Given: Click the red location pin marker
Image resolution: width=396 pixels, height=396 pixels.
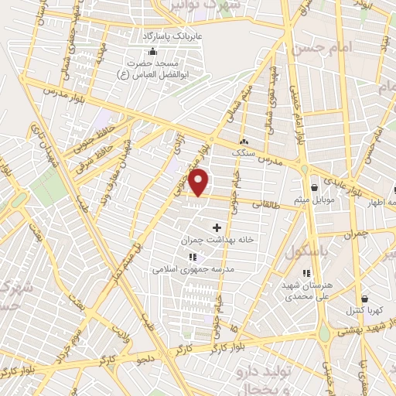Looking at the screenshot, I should coord(200,181).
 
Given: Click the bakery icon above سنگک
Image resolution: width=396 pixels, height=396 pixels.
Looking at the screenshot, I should coord(244,142).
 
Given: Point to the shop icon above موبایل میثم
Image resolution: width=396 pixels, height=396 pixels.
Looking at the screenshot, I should coord(314,188).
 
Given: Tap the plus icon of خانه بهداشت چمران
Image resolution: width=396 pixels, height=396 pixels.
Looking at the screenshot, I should coord(216,227).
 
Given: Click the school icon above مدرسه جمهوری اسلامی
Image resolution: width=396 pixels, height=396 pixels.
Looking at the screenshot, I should coord(193,257).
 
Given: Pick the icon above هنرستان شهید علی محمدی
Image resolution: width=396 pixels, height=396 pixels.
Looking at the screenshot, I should coord(307,272).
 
